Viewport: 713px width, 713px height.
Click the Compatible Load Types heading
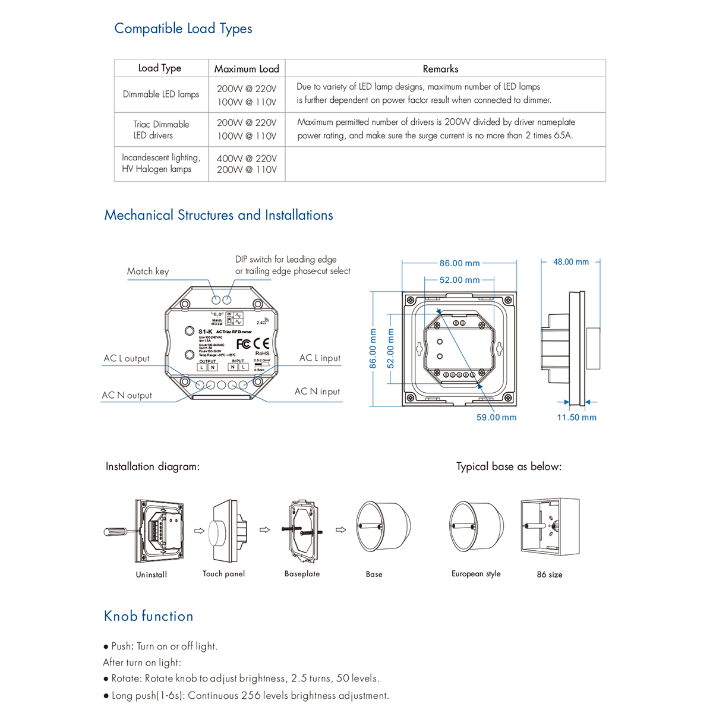click(183, 29)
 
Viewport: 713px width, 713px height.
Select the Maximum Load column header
click(247, 68)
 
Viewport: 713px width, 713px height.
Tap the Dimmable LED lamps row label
click(161, 94)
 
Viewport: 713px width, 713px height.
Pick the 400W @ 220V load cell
click(247, 159)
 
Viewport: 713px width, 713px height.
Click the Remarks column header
click(440, 68)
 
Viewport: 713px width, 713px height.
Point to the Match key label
click(148, 271)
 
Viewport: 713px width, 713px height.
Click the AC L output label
click(127, 358)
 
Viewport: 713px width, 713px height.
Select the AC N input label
click(317, 391)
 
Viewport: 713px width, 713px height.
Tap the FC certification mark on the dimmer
click(244, 343)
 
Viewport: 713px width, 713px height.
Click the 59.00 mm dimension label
click(496, 417)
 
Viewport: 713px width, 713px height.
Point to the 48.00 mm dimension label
click(571, 262)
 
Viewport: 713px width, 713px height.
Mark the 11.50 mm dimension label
click(576, 417)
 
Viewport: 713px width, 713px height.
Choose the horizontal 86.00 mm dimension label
click(459, 263)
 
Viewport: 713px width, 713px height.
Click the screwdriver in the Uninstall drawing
click(119, 531)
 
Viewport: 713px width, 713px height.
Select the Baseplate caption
click(302, 574)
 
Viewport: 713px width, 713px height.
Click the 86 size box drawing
click(550, 527)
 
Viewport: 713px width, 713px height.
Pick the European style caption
click(476, 574)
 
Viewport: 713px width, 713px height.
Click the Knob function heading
click(149, 616)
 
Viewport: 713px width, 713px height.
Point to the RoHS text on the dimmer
click(262, 354)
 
